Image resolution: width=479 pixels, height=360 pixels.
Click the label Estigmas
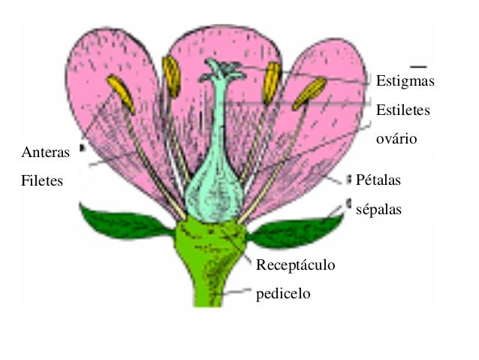tap(405, 80)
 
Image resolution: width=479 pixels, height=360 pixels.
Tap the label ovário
tap(396, 139)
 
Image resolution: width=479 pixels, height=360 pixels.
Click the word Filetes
tap(42, 181)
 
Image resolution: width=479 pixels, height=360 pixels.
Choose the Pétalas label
tap(378, 181)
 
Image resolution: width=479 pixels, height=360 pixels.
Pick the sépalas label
tap(378, 210)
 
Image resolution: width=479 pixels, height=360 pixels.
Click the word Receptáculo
tap(295, 265)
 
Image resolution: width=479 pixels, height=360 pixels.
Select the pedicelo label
tap(283, 293)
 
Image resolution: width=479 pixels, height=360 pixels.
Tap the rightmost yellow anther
tap(309, 93)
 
